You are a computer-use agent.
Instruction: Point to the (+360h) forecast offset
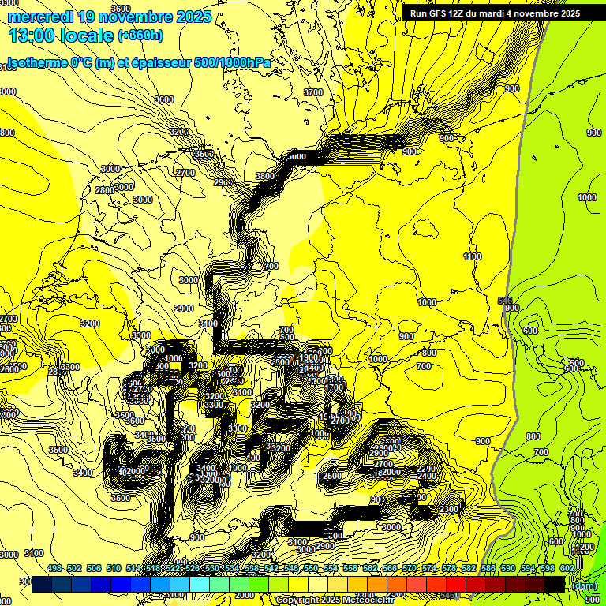click(x=140, y=36)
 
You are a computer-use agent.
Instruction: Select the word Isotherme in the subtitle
click(x=33, y=63)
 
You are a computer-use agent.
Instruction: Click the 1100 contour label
click(x=473, y=256)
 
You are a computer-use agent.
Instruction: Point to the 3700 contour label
click(x=313, y=92)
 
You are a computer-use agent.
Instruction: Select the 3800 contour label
click(x=264, y=176)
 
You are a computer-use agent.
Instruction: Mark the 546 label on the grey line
click(x=506, y=301)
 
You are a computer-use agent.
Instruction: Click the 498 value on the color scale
click(x=54, y=568)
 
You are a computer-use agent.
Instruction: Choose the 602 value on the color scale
click(x=567, y=568)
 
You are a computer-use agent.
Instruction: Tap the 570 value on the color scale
click(x=410, y=568)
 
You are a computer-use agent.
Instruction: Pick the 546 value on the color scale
click(x=291, y=568)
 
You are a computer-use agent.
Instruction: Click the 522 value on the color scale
click(x=173, y=568)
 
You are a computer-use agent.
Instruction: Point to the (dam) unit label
click(x=585, y=585)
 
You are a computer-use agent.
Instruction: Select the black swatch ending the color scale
click(x=554, y=584)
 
